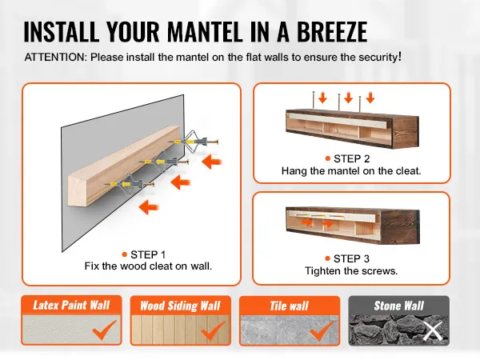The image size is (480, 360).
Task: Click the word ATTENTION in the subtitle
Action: click(x=56, y=58)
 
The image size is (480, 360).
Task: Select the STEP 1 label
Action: click(x=148, y=254)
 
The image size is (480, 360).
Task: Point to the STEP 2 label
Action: click(x=352, y=158)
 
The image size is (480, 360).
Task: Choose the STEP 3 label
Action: click(x=351, y=258)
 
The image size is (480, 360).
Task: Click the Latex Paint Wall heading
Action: click(x=71, y=306)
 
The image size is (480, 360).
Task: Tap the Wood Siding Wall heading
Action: click(x=180, y=306)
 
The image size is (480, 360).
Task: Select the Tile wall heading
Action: click(x=290, y=306)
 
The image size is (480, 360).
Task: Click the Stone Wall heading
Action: click(x=399, y=306)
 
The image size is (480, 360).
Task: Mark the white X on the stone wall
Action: click(x=433, y=331)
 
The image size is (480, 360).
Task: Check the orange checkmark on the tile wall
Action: click(x=322, y=330)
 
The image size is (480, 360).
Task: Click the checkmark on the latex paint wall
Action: click(x=104, y=330)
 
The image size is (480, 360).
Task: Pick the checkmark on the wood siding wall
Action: click(x=214, y=330)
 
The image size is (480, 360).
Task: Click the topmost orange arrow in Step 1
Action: click(x=212, y=162)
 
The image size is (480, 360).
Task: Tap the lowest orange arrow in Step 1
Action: click(x=149, y=207)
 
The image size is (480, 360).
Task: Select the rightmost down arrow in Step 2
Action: click(x=370, y=98)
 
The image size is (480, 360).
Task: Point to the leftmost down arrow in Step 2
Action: click(x=322, y=98)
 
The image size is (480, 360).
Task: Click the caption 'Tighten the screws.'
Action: click(x=351, y=271)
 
